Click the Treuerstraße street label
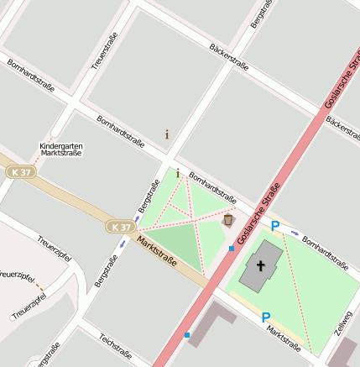tap(107, 51)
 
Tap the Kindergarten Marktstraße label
tap(61, 149)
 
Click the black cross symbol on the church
tap(261, 266)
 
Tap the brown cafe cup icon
tap(228, 220)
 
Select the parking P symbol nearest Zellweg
tap(266, 317)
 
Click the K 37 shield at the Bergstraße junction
tap(120, 227)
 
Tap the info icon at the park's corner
tap(178, 173)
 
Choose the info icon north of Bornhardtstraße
tap(167, 134)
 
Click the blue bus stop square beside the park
tap(232, 249)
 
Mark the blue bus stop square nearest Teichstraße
tap(187, 335)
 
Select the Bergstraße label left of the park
tap(148, 198)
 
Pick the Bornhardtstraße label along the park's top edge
tap(212, 188)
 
